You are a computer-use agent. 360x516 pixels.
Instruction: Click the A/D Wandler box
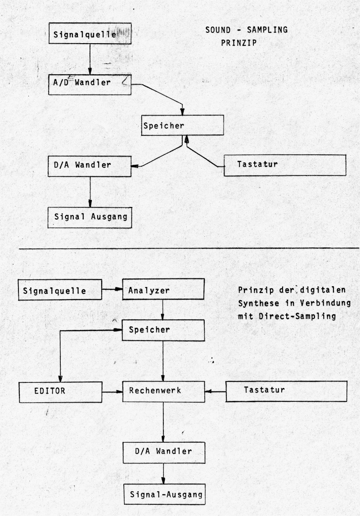point(90,85)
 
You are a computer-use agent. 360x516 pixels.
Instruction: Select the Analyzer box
point(163,290)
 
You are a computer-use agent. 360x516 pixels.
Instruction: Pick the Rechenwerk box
point(163,390)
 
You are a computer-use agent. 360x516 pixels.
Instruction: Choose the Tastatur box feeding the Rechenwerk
point(286,390)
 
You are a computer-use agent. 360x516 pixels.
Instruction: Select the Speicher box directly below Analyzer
point(163,329)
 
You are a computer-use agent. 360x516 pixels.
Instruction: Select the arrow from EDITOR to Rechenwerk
point(112,391)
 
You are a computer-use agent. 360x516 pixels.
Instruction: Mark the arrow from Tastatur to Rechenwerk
point(215,391)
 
